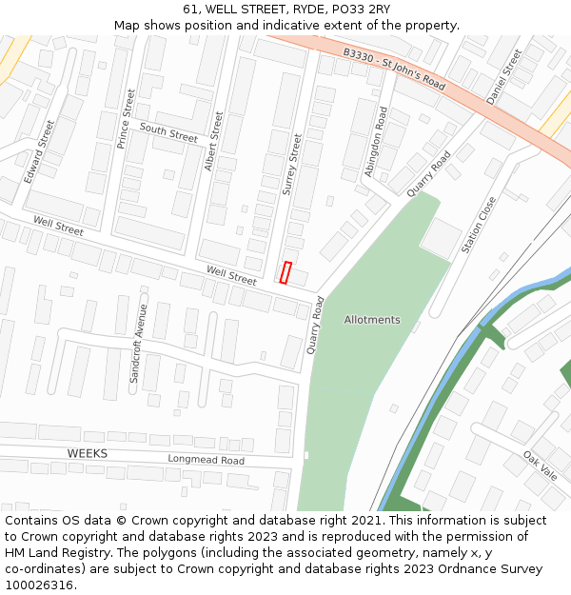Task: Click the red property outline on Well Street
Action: pos(285,272)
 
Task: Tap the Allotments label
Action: pos(372,320)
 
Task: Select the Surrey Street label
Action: pos(291,165)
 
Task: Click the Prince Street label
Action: pos(125,119)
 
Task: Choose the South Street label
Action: pos(168,131)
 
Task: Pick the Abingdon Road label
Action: pos(376,141)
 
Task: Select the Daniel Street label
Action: pos(504,76)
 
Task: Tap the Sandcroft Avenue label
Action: pos(139,344)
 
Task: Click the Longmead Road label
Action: pos(207,461)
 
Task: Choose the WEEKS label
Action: pos(88,453)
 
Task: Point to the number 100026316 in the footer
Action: pos(39,585)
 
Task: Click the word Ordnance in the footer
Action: pos(445,569)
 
